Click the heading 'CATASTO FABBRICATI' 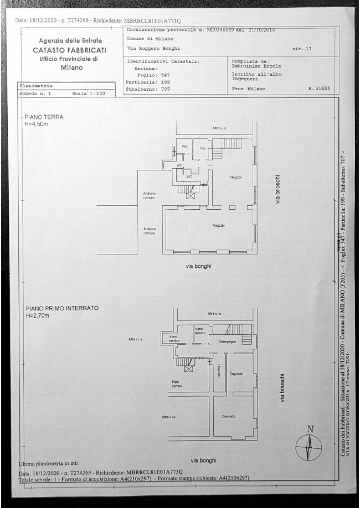69,50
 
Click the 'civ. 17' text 301,49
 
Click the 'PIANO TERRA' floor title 44,117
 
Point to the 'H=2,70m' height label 37,316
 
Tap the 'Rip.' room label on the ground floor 203,148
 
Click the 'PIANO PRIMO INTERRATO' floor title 61,309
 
